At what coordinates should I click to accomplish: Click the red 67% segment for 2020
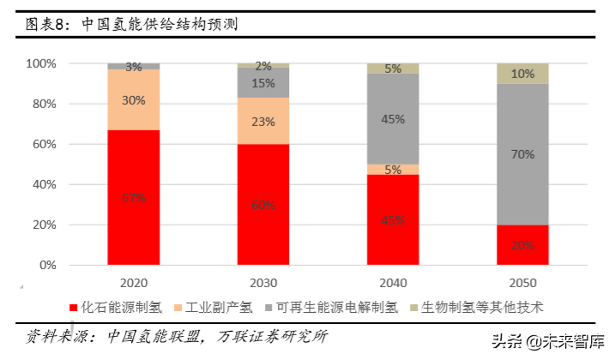(x=134, y=197)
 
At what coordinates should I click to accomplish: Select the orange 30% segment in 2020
(x=134, y=99)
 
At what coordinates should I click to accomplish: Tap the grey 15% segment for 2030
(x=263, y=83)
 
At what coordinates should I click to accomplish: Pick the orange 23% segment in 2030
(x=263, y=121)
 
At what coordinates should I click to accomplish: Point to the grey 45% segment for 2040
(x=393, y=119)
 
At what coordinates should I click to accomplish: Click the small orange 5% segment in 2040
(x=393, y=170)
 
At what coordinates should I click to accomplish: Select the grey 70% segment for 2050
(x=522, y=153)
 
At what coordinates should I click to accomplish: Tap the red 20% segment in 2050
(x=522, y=245)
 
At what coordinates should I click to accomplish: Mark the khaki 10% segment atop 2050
(x=522, y=74)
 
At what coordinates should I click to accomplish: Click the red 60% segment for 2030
(x=263, y=204)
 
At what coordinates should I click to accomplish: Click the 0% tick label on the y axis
(x=46, y=266)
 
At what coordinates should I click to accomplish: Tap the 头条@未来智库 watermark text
(x=544, y=341)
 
